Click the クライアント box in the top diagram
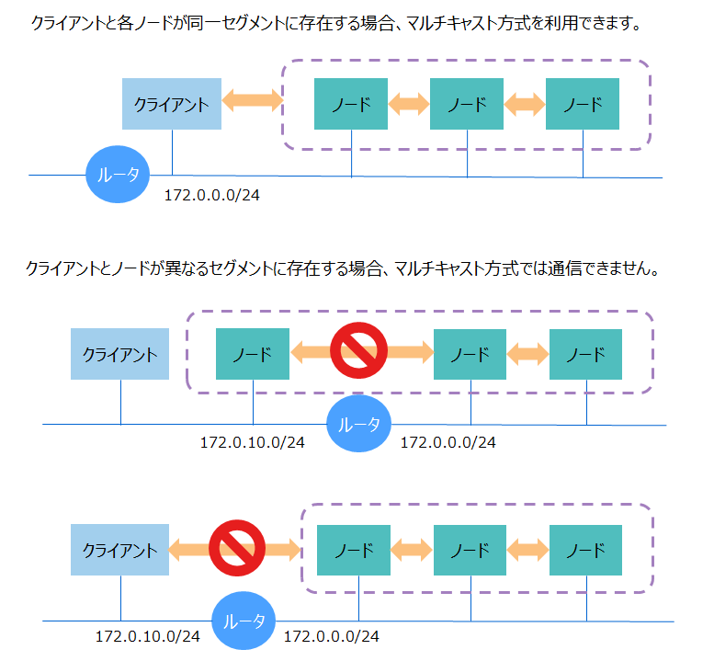(172, 103)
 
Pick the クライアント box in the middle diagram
(120, 354)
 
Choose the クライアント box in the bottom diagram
(120, 551)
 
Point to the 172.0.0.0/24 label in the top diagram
(211, 196)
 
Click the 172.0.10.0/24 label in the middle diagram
(253, 443)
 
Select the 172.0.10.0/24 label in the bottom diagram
(148, 636)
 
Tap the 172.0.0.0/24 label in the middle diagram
(448, 443)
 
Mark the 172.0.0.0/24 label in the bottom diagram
(332, 636)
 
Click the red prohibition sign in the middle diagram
(358, 350)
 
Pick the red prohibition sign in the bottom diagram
(237, 550)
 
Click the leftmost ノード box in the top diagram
(351, 103)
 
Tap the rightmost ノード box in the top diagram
(583, 103)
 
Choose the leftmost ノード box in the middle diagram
(253, 354)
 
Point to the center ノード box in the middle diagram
(470, 354)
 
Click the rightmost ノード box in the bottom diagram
(585, 551)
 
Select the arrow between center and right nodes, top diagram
(525, 103)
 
